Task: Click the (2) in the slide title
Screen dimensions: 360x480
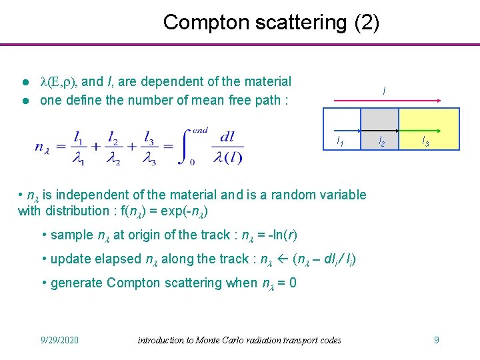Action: (367, 22)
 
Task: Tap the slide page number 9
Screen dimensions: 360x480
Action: (436, 340)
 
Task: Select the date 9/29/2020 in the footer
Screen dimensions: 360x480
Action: (59, 340)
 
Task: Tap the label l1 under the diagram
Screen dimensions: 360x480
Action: (340, 141)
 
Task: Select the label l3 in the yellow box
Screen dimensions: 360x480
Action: (424, 141)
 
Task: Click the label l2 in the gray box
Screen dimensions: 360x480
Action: (381, 141)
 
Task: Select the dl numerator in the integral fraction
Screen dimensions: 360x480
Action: (227, 137)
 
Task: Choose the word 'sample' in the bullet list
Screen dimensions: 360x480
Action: (73, 235)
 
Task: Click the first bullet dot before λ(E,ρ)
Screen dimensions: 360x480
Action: (24, 83)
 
